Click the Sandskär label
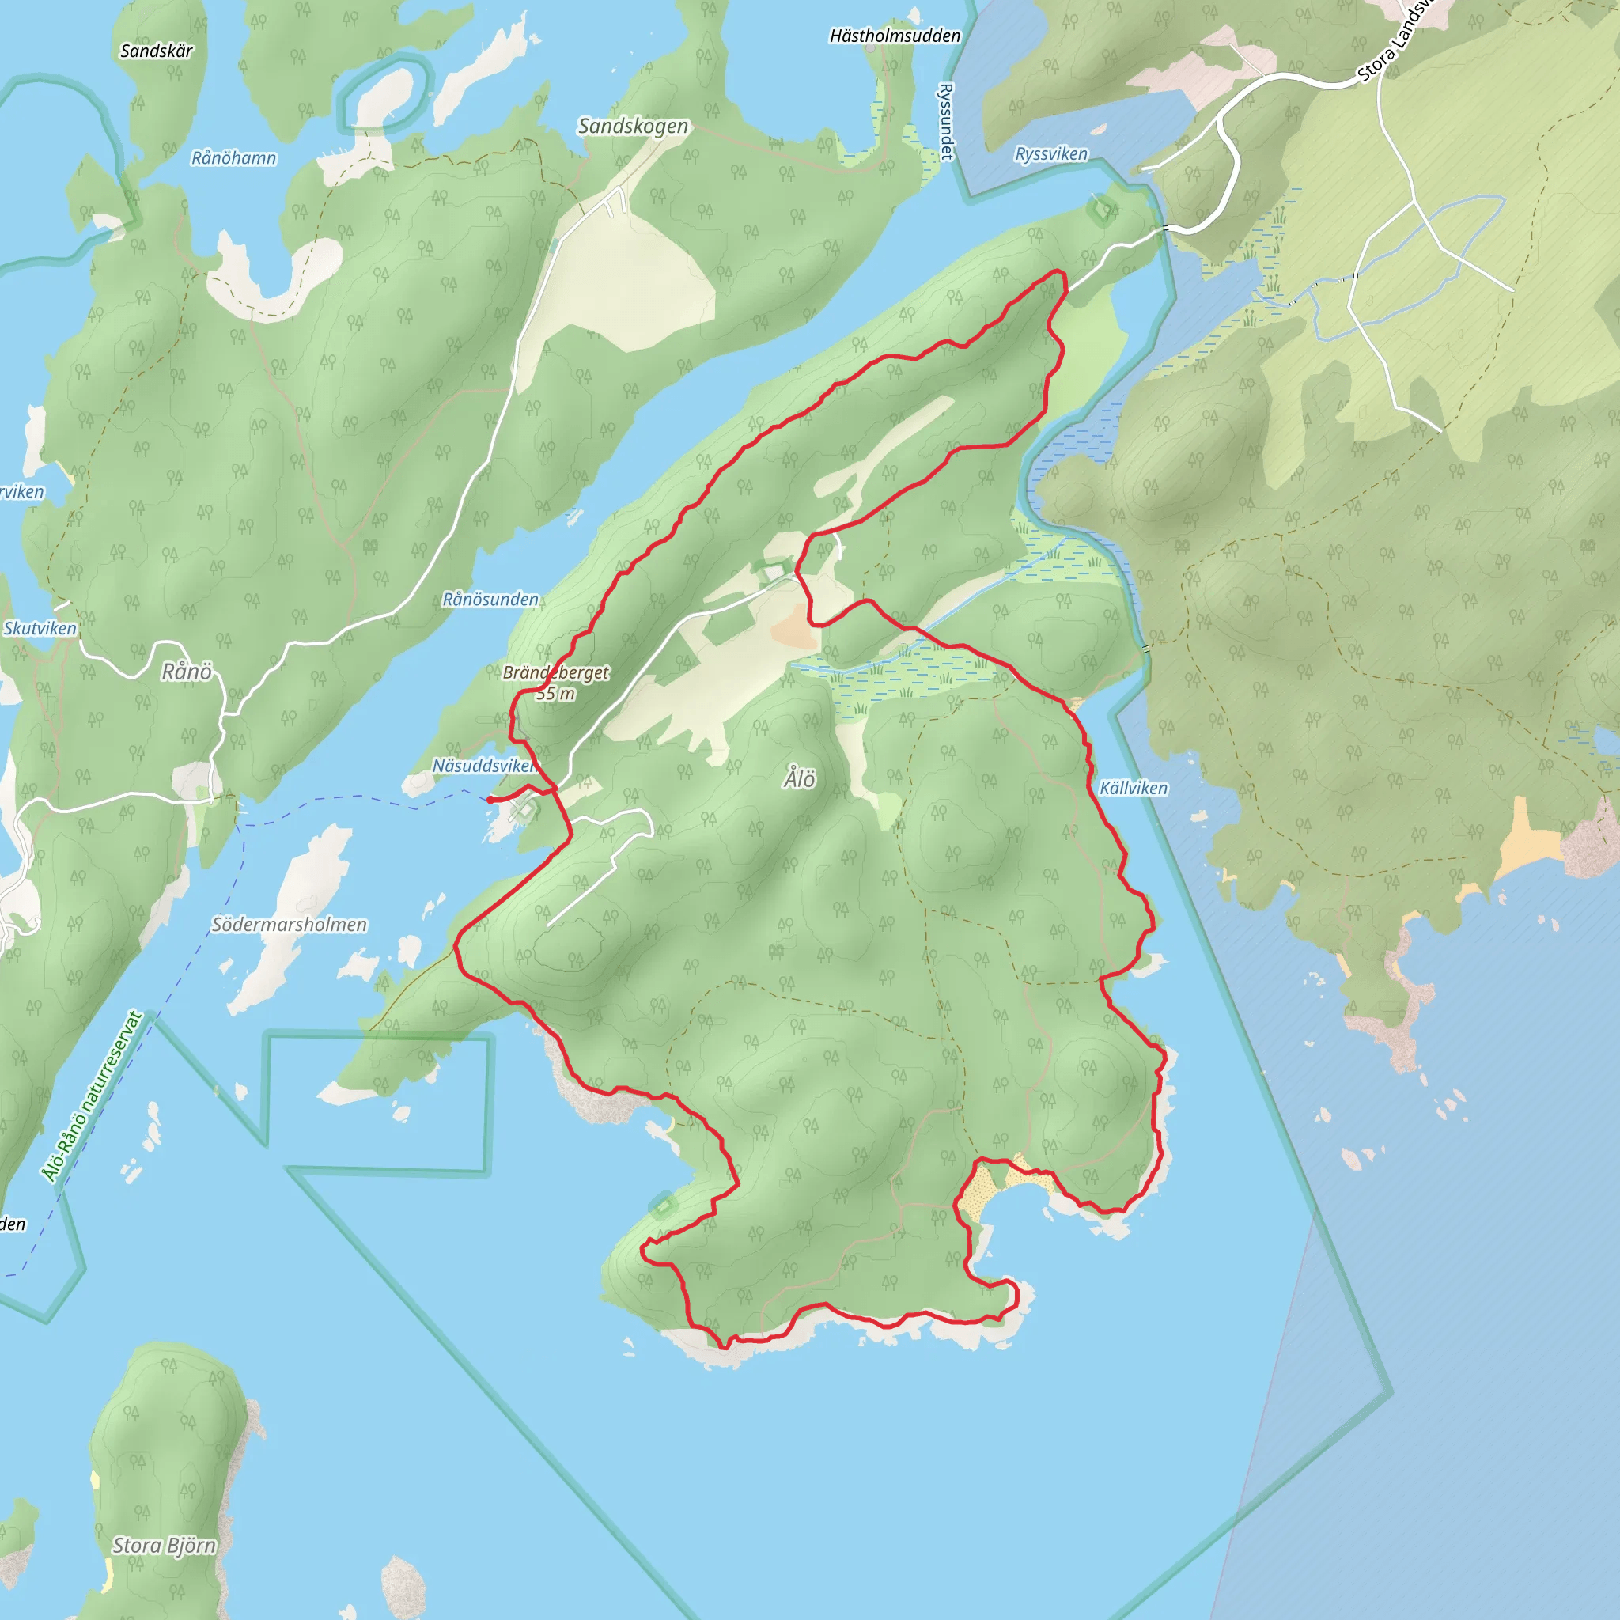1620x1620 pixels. click(156, 51)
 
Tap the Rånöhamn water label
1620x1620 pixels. click(233, 157)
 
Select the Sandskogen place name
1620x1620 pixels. click(633, 127)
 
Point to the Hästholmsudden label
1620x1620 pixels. click(895, 36)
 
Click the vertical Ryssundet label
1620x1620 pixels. click(947, 121)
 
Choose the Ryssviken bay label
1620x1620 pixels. click(1050, 154)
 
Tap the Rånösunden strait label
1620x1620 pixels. click(490, 600)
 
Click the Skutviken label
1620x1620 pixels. click(40, 629)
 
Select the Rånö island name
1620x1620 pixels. click(186, 672)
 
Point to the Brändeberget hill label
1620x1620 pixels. click(556, 672)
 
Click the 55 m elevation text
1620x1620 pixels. click(555, 694)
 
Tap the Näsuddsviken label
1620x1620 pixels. click(484, 766)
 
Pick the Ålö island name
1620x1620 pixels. click(799, 780)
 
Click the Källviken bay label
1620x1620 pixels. click(1133, 788)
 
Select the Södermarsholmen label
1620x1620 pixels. click(290, 925)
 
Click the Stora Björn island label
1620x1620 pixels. click(165, 1546)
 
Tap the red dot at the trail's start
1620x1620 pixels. click(490, 800)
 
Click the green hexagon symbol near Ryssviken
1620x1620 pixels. click(1101, 210)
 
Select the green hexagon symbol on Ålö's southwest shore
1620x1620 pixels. click(662, 1206)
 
